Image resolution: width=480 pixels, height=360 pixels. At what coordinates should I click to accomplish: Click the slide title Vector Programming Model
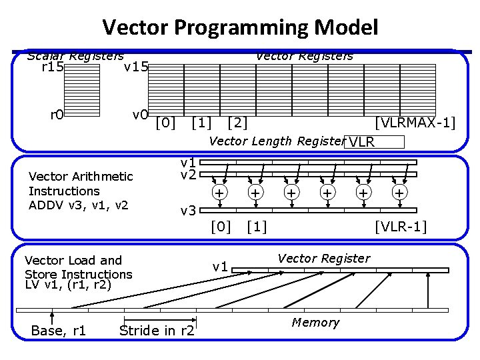[240, 27]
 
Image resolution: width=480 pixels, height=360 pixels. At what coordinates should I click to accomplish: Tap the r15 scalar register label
[53, 67]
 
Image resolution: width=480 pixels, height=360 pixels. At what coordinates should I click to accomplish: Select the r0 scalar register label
[57, 114]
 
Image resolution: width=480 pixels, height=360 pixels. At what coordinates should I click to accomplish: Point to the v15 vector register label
[135, 67]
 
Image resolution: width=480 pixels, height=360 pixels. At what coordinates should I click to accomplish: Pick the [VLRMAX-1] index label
[415, 123]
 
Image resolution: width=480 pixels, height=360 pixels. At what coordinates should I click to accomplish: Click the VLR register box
[373, 141]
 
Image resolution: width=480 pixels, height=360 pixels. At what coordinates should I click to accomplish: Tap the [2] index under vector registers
[237, 123]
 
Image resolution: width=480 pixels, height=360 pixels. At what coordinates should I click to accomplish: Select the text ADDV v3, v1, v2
[79, 205]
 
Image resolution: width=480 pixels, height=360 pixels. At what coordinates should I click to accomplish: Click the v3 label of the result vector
[188, 211]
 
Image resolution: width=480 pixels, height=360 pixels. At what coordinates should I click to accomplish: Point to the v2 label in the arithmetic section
[188, 175]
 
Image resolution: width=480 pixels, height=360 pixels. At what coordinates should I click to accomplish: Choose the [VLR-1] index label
[401, 227]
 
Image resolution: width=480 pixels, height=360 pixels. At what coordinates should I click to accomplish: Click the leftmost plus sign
[218, 193]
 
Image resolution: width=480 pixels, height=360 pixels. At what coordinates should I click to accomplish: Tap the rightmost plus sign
[399, 193]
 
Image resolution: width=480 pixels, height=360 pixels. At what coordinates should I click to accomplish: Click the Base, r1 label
[59, 331]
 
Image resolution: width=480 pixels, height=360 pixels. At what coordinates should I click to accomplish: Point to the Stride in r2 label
[157, 331]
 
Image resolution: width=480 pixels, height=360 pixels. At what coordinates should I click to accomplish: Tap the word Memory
[315, 323]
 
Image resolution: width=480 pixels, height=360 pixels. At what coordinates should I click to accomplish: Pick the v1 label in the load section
[221, 267]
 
